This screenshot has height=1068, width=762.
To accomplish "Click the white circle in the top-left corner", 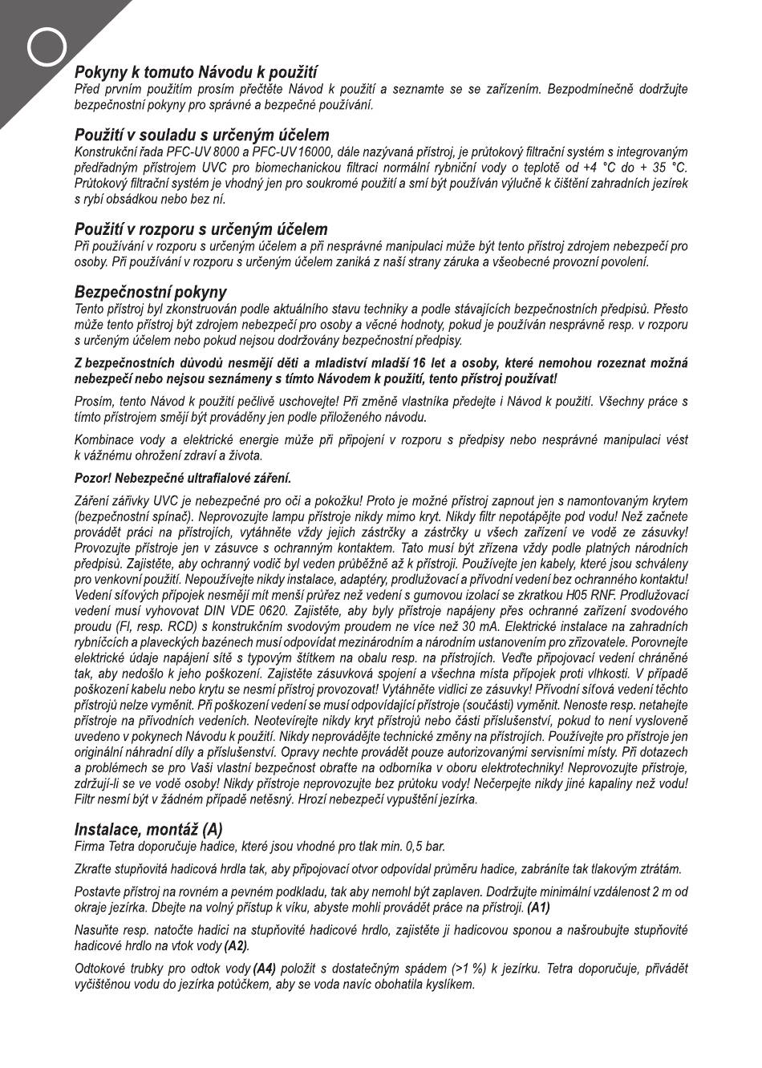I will (x=47, y=48).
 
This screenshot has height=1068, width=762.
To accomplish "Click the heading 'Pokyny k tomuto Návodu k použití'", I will (x=197, y=73).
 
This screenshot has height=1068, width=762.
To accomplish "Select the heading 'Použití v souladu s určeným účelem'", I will (x=202, y=135).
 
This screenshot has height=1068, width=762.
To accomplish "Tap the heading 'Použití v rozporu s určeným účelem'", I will (x=201, y=229).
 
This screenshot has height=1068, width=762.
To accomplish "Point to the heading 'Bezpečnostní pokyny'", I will (x=151, y=292).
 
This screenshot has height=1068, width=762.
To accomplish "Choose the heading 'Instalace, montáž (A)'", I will (x=148, y=829).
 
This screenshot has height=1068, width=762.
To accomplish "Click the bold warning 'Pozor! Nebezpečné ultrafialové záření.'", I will (x=183, y=479).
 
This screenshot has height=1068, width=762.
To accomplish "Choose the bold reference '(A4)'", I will (x=265, y=969).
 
